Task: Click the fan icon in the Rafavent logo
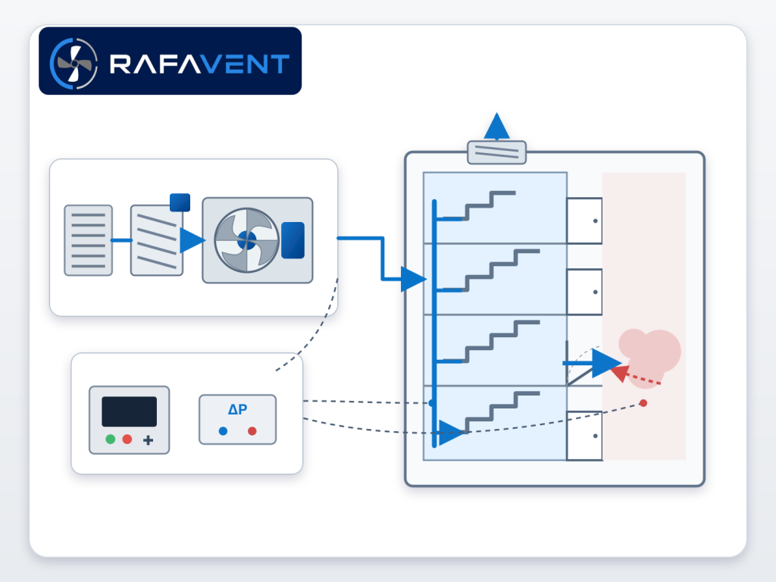[x=74, y=64]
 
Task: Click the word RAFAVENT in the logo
[x=199, y=64]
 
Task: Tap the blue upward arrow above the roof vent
[x=497, y=126]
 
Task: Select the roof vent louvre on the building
[x=497, y=152]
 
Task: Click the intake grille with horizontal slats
[x=89, y=240]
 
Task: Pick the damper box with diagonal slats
[x=156, y=240]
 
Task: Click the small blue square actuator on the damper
[x=180, y=202]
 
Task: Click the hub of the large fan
[x=246, y=240]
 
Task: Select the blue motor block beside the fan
[x=293, y=240]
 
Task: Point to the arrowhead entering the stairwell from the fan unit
[x=413, y=279]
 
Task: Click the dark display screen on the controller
[x=129, y=411]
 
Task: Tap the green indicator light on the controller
[x=111, y=439]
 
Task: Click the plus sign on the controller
[x=148, y=440]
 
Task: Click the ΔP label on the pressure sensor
[x=237, y=409]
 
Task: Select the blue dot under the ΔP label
[x=224, y=431]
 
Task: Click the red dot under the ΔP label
[x=252, y=431]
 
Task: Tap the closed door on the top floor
[x=584, y=221]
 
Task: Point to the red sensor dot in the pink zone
[x=643, y=403]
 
